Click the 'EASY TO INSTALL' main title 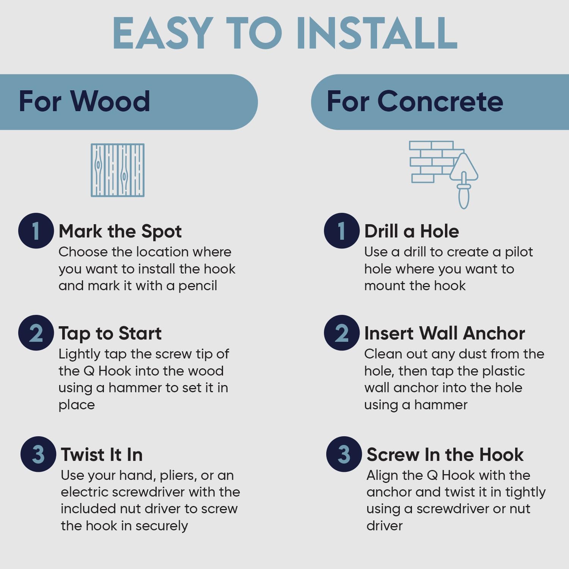285,33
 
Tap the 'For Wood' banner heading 84,101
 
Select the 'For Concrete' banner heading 415,101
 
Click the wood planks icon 118,170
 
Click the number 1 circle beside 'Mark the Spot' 36,231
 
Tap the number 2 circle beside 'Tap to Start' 36,333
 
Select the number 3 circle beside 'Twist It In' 38,454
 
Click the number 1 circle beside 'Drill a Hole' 342,231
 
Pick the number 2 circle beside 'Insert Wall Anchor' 342,333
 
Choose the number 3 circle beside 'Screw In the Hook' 344,454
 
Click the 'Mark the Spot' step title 120,231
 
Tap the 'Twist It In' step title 102,454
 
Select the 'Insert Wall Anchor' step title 445,333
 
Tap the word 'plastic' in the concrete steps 503,371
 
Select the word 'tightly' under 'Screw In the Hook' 525,492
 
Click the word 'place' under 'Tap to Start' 77,405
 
